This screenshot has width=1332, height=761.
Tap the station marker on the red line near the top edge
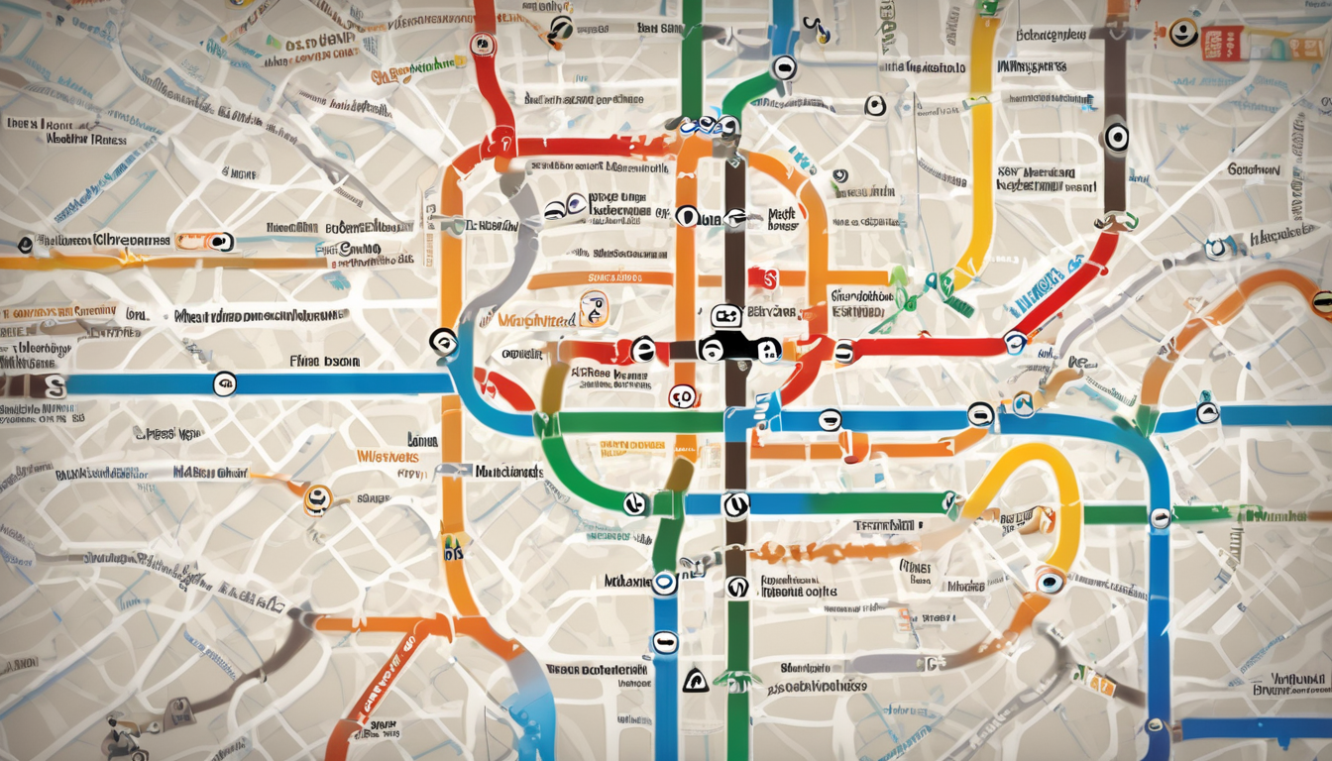(483, 44)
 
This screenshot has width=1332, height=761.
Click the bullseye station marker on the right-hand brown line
(1116, 136)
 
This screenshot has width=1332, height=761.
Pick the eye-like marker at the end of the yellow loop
(1048, 581)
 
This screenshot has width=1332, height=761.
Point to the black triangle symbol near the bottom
(696, 680)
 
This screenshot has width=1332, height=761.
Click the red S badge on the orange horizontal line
(763, 278)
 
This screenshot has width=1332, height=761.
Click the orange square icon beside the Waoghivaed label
(594, 310)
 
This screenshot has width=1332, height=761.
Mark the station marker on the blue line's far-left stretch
(225, 383)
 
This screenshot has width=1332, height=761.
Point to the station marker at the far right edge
(1321, 302)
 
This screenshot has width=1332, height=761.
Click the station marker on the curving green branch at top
(784, 67)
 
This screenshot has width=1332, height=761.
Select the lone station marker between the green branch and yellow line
(875, 105)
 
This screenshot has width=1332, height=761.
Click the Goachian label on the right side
(1254, 169)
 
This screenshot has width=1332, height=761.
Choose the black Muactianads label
(507, 472)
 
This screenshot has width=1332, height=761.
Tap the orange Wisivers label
(388, 458)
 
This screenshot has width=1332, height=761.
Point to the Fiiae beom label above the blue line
(325, 362)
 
